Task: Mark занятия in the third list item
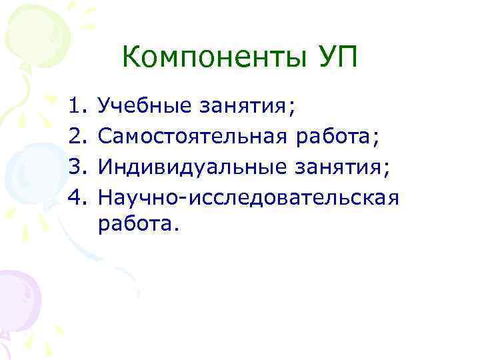click(x=337, y=169)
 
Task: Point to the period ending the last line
click(x=177, y=231)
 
